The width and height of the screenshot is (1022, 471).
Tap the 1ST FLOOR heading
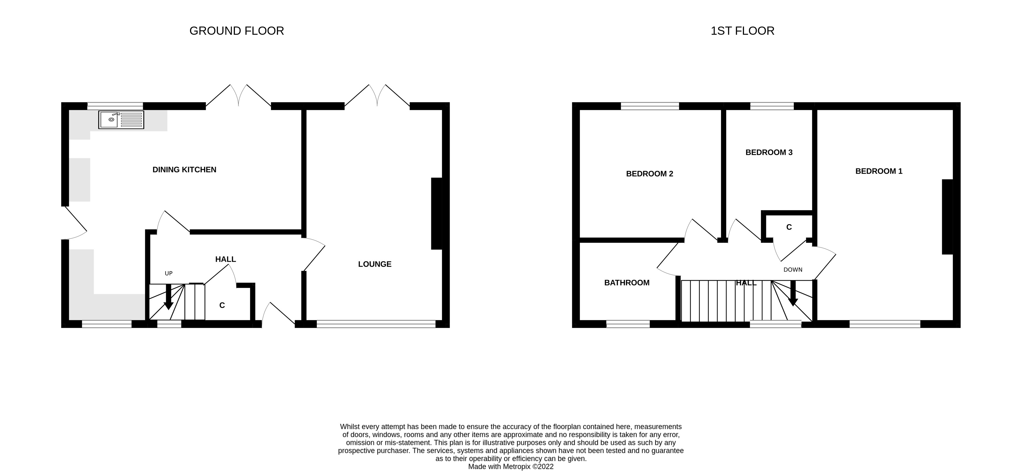742,31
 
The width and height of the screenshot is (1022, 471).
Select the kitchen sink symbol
121,120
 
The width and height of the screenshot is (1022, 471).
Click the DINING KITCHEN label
184,170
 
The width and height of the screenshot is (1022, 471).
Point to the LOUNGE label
374,264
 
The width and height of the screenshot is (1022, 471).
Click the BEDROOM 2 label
650,174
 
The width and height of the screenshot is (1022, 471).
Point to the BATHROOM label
627,283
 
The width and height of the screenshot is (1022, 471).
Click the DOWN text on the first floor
793,270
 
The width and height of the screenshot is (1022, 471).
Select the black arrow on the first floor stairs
793,294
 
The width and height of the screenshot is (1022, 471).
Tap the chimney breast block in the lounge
437,214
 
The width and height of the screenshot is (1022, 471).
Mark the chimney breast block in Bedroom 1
947,217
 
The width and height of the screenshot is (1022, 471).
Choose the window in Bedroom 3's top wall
772,106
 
